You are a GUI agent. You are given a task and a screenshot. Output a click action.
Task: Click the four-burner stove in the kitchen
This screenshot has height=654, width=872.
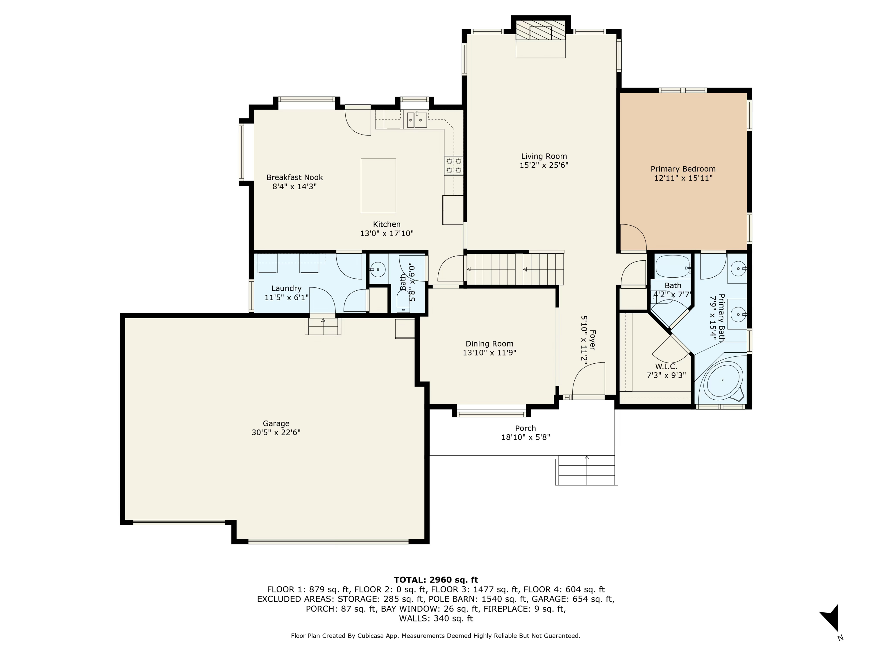coord(453,166)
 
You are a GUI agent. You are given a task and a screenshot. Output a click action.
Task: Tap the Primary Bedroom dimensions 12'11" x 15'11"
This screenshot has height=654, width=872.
coord(683,178)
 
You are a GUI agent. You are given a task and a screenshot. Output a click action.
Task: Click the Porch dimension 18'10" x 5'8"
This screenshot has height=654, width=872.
coord(525,437)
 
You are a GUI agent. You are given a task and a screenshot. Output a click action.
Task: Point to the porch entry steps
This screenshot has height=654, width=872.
coord(587,470)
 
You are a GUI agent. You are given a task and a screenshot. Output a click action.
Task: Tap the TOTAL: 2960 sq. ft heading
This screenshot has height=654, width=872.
coord(436,580)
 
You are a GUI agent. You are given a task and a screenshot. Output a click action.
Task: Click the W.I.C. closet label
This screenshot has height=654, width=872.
coord(666,367)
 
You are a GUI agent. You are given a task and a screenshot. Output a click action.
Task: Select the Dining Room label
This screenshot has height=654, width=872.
coord(489,344)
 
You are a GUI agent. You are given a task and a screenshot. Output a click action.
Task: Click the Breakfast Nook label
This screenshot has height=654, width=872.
coord(294,177)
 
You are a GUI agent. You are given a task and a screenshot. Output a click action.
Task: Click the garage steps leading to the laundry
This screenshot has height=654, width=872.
coord(323,326)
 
